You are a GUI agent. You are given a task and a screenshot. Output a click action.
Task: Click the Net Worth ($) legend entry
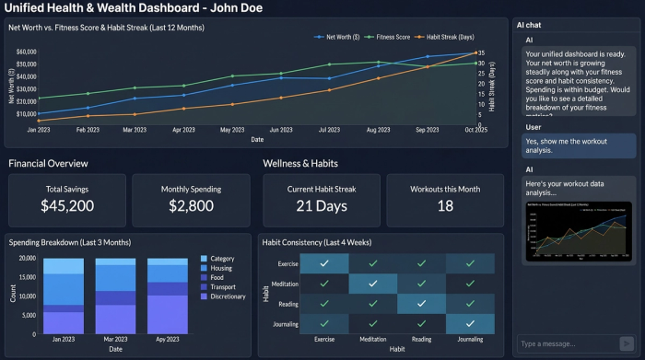click(340, 38)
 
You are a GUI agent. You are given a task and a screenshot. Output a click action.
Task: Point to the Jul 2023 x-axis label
click(329, 131)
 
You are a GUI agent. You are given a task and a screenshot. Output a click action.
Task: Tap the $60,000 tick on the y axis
click(26, 52)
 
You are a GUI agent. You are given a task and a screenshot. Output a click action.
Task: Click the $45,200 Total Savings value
click(68, 205)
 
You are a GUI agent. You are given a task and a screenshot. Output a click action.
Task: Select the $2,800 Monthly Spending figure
click(192, 205)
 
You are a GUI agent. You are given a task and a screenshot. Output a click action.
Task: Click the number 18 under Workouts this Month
click(445, 205)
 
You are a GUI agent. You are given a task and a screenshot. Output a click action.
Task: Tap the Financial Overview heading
click(49, 163)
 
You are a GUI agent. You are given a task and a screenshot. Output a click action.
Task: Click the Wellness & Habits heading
click(300, 163)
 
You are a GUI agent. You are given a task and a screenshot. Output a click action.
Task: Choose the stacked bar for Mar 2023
click(116, 295)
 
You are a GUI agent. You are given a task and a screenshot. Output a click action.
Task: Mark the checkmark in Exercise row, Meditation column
click(372, 262)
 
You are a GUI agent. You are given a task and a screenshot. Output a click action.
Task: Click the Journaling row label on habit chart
click(285, 323)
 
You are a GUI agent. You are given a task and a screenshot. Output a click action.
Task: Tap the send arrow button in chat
click(628, 344)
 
